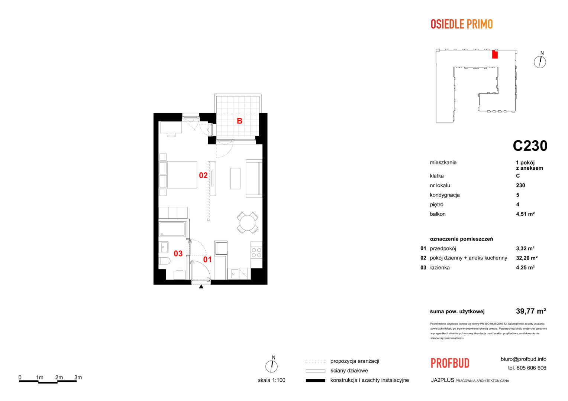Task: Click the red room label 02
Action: [203, 175]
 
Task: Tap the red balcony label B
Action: [239, 121]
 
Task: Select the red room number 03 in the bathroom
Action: [178, 254]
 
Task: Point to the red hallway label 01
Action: [207, 260]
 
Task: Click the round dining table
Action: [248, 223]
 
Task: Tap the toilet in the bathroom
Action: [164, 261]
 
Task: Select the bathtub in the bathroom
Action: [172, 229]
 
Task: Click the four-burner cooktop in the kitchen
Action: [256, 252]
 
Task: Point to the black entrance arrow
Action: [201, 287]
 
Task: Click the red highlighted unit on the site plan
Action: [495, 55]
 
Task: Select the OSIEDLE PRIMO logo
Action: [462, 24]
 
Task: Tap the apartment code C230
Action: [530, 146]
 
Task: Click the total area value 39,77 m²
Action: [531, 311]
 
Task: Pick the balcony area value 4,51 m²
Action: [525, 214]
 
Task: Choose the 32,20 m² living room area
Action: [527, 258]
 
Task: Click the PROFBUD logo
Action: [450, 363]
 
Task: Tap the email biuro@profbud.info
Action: [523, 359]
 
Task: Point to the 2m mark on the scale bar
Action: [59, 378]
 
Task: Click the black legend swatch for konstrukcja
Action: [316, 381]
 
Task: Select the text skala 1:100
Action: [272, 380]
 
